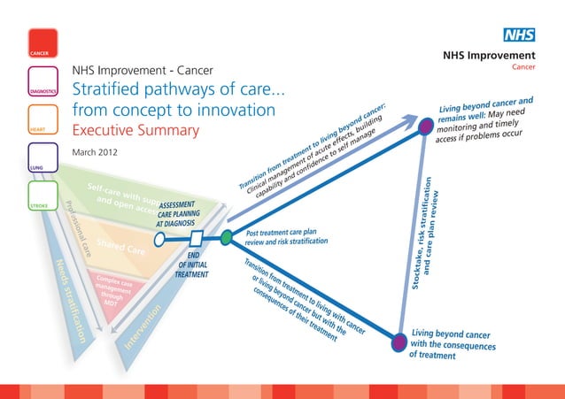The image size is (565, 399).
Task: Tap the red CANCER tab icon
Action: coord(43,42)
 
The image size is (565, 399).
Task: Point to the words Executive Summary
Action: coord(135,131)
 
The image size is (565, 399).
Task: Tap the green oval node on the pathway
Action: coord(227,236)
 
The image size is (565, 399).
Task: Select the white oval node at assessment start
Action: coord(160,237)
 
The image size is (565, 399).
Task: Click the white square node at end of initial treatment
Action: coord(197,236)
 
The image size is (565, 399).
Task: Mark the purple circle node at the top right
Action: coord(426,125)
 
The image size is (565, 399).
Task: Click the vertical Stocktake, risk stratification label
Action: coord(424,232)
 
